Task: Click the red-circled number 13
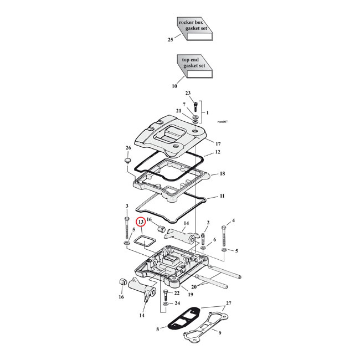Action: [141, 222]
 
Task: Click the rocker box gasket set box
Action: [194, 30]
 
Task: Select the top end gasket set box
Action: [194, 68]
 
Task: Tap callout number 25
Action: [170, 40]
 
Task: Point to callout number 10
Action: [174, 86]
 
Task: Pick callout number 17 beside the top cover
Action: [218, 143]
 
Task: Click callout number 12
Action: [218, 152]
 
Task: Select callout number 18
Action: [222, 174]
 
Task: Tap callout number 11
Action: [222, 197]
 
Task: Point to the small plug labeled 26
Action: [127, 161]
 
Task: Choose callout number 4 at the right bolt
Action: [233, 221]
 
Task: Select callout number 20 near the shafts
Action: [193, 287]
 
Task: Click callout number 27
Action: [229, 304]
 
